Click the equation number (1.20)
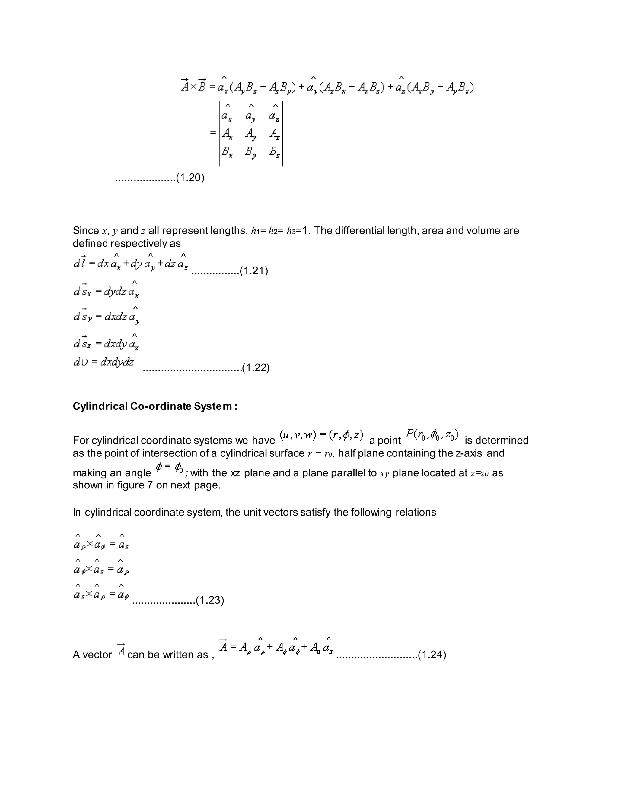(x=190, y=178)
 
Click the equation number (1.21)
(x=254, y=271)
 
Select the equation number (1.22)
(x=256, y=367)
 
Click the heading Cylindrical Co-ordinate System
(x=154, y=406)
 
